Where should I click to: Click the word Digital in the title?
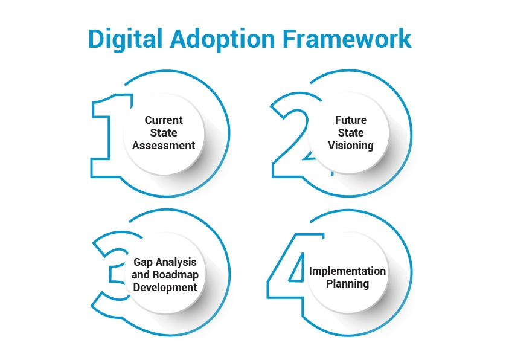[x=124, y=39]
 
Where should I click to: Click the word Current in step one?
[x=164, y=120]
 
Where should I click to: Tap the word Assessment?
[x=164, y=145]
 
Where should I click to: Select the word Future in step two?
[x=351, y=120]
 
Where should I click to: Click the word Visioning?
[x=351, y=145]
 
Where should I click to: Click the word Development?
[x=165, y=288]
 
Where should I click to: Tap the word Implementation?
[x=347, y=271]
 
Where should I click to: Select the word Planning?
[x=347, y=284]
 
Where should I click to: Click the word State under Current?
[x=164, y=132]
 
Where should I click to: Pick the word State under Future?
[x=351, y=132]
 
